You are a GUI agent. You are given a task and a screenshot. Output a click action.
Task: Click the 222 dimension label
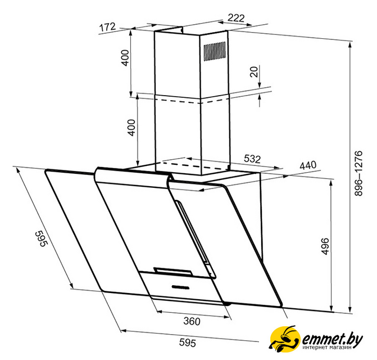pos(236,17)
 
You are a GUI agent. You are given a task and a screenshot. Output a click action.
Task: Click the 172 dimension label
pos(107,27)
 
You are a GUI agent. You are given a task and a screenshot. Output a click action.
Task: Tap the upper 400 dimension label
pos(125,58)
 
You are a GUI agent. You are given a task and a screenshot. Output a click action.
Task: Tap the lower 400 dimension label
pos(131,128)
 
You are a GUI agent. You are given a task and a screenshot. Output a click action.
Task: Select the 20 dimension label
pos(254,71)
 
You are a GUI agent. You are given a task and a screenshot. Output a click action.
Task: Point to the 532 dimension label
pos(252,159)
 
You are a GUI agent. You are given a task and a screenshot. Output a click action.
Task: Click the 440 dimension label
pos(308,165)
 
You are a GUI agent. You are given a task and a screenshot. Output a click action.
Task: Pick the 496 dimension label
pos(325,246)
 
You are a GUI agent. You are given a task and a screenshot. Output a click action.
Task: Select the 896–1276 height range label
pos(358,173)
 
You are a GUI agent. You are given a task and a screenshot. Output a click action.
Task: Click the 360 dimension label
pos(192,321)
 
